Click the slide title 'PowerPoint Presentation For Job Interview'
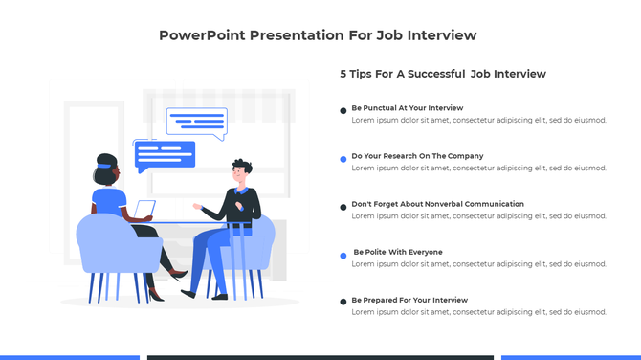318,35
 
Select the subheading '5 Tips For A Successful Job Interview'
443,74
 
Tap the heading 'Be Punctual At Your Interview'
408,108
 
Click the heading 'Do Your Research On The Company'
417,156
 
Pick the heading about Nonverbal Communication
437,204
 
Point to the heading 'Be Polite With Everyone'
398,252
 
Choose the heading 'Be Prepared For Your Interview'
409,300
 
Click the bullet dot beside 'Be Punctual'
343,111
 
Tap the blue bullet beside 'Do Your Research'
343,159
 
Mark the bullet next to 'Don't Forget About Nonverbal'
343,207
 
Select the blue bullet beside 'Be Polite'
343,255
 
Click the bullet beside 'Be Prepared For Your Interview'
343,303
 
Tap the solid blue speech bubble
165,154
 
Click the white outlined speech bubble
196,122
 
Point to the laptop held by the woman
144,210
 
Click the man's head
242,172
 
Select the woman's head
106,172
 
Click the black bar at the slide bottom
320,357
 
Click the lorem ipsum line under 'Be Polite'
478,264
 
